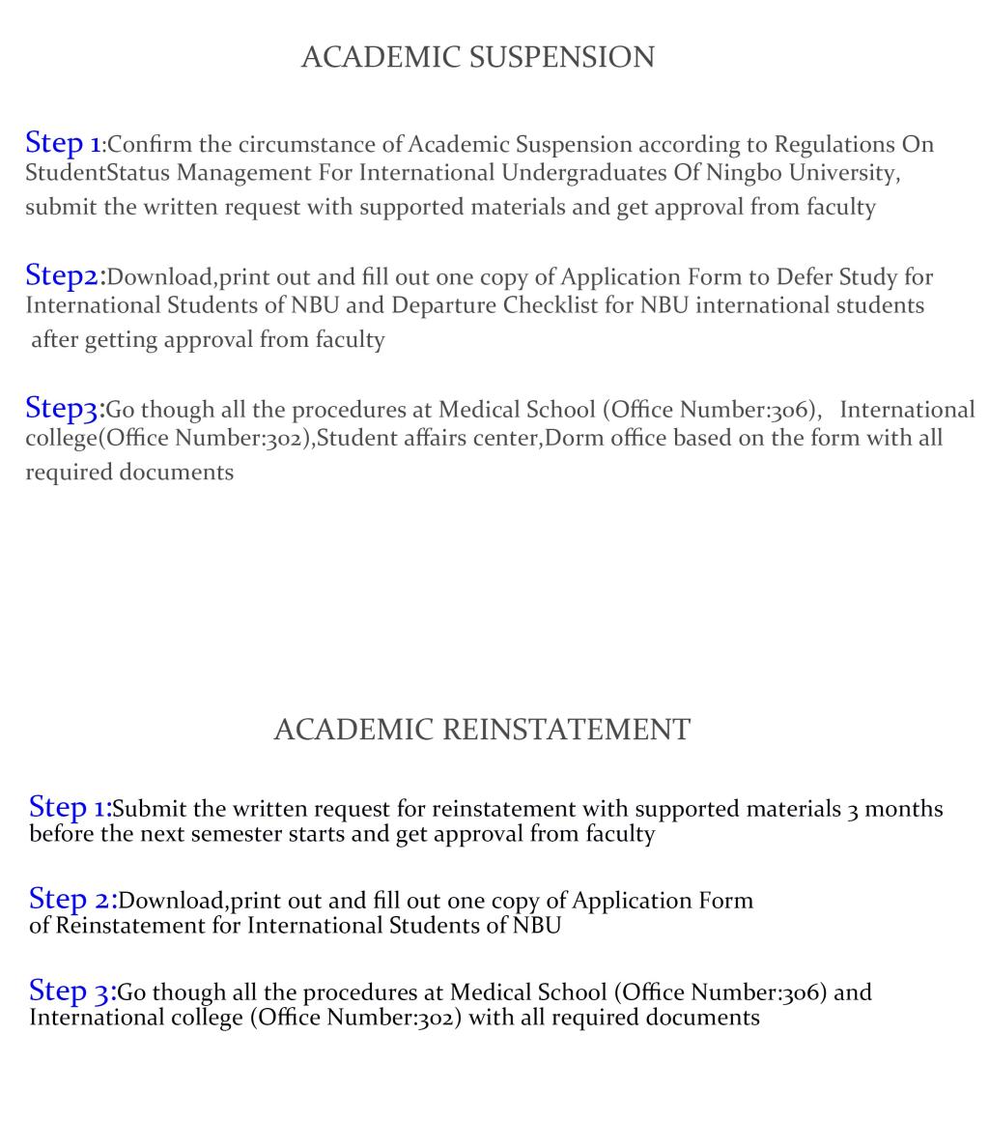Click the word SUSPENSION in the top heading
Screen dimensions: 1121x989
562,58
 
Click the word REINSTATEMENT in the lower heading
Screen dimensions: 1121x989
567,730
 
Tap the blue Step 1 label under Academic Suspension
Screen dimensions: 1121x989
63,143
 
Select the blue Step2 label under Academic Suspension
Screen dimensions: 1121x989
63,275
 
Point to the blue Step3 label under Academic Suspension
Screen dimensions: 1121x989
63,408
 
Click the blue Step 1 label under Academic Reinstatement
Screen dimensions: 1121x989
69,807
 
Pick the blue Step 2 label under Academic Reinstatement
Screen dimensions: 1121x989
71,899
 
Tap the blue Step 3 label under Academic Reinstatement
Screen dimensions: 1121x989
71,991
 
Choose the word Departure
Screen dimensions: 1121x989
443,305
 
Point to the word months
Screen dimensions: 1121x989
903,809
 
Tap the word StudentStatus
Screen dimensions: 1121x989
97,173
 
